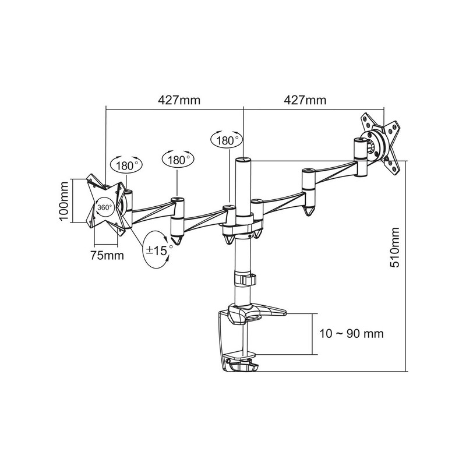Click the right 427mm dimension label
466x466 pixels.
305,100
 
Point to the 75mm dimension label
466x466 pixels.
107,255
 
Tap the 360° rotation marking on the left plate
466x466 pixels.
105,207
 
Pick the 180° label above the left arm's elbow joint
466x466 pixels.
178,159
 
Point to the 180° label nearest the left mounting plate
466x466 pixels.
126,165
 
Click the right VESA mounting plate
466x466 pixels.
382,143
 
